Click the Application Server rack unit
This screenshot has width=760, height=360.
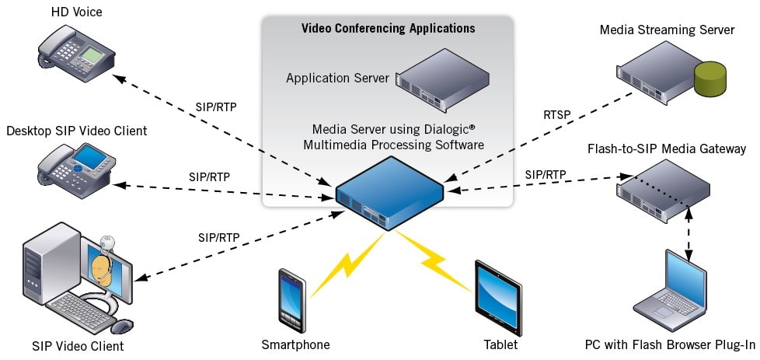[444, 77]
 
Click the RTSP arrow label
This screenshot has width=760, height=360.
[557, 115]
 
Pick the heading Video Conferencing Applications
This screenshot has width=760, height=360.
[388, 29]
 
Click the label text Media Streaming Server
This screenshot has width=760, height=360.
[667, 30]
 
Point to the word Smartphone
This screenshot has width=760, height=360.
[295, 344]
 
